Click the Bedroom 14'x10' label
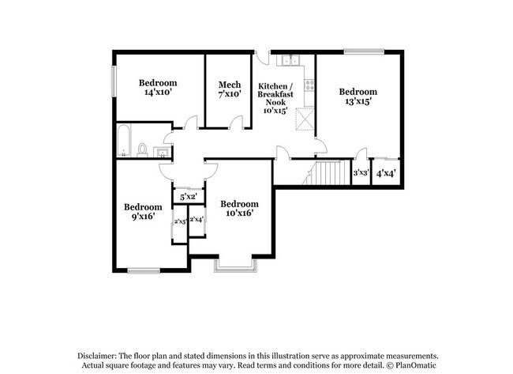pos(158,88)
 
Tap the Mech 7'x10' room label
pos(230,89)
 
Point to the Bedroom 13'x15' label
pos(358,96)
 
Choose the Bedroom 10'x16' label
pos(239,208)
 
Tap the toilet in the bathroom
pos(143,149)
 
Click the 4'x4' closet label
pos(386,173)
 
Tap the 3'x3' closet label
pos(361,173)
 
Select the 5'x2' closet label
pos(188,196)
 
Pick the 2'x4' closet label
pos(197,219)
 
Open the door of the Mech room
pos(236,121)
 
